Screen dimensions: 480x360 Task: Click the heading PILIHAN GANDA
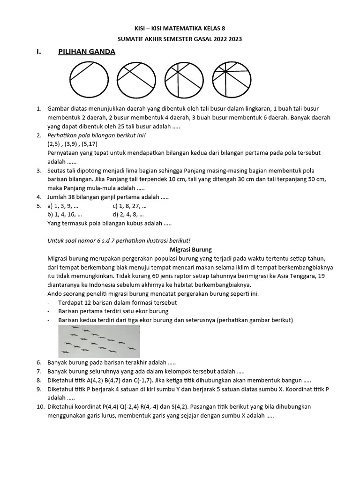pyautogui.click(x=86, y=52)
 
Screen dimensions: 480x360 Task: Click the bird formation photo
pyautogui.click(x=99, y=341)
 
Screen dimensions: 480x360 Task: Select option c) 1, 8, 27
pyautogui.click(x=130, y=206)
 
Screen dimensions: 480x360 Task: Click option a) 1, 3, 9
pyautogui.click(x=63, y=206)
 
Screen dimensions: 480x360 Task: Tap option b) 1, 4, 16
pyautogui.click(x=65, y=214)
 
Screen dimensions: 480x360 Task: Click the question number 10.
pyautogui.click(x=40, y=406)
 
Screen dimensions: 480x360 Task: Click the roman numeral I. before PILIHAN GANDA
pyautogui.click(x=39, y=52)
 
